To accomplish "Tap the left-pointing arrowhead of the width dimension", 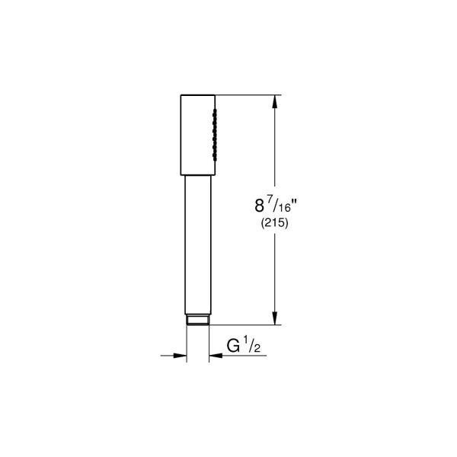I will (x=213, y=353).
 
